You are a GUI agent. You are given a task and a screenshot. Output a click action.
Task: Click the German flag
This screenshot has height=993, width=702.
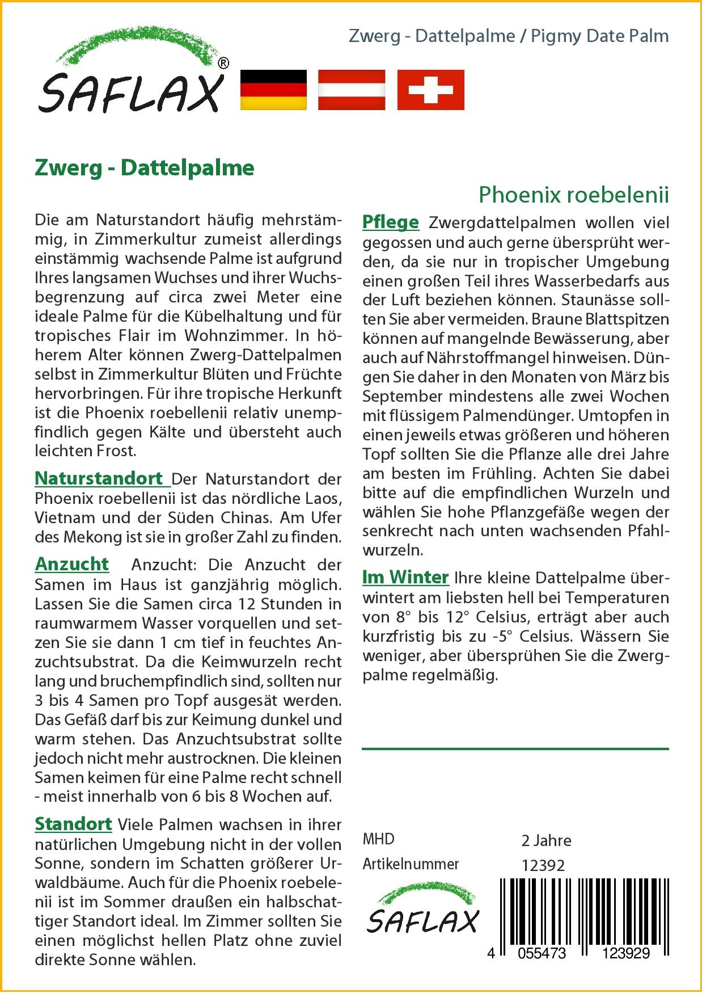tap(273, 90)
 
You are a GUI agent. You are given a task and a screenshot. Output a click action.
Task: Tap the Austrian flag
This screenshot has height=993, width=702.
tap(352, 90)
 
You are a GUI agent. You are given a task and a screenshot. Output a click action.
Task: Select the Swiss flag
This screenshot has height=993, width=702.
tap(430, 90)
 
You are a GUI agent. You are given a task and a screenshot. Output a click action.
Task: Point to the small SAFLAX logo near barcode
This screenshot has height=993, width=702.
tap(422, 908)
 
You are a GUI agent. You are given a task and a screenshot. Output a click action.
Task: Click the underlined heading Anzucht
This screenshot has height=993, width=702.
tap(72, 564)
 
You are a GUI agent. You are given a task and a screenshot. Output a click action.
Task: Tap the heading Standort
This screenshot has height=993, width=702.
tap(73, 824)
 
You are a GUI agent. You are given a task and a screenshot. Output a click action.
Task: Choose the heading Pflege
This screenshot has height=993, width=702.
tap(391, 222)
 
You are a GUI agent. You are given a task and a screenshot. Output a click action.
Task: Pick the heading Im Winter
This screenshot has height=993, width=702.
tap(405, 577)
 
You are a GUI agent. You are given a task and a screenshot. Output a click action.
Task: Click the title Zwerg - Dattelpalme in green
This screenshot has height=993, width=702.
tap(145, 168)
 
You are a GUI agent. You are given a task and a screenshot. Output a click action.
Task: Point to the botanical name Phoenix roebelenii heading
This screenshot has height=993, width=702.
tap(574, 195)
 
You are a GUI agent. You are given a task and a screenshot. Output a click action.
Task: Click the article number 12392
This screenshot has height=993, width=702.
tap(543, 865)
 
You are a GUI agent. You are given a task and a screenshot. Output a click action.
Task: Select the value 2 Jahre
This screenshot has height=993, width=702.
tap(546, 840)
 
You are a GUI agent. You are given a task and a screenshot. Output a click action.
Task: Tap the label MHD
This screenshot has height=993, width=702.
tap(378, 839)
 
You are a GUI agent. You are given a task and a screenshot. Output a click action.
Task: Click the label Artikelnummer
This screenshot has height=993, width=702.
tap(411, 864)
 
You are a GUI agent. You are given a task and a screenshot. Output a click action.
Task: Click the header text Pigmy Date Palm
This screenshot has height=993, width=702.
tap(599, 36)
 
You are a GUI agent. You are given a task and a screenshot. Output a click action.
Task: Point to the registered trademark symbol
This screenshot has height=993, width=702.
tap(223, 64)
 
